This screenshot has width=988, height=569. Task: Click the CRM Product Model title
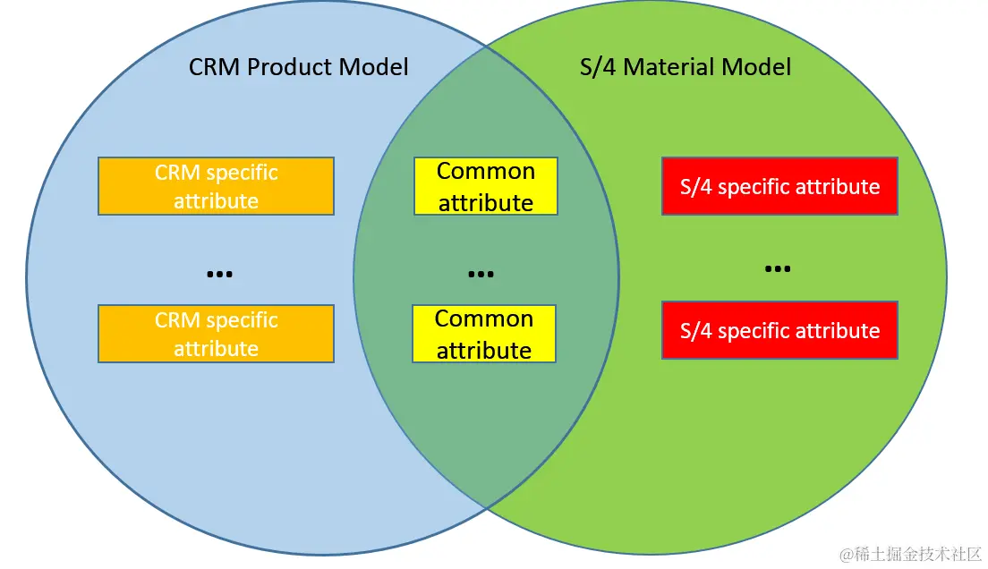[298, 67]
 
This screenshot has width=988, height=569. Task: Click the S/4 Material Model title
[685, 67]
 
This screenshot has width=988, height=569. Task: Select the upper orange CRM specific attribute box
[216, 186]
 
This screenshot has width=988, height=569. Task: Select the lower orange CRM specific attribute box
[216, 334]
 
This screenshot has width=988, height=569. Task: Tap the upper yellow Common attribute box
[486, 186]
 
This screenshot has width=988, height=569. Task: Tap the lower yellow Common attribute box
[484, 334]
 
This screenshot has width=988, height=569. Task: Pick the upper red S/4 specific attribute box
[779, 186]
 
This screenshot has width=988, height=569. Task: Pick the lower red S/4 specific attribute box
[779, 330]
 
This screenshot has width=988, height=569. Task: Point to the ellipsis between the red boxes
[777, 268]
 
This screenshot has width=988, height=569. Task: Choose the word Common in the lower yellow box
[484, 318]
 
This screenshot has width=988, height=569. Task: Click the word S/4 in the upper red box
[696, 187]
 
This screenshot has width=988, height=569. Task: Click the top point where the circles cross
[486, 45]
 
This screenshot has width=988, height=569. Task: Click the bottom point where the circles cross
[486, 507]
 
